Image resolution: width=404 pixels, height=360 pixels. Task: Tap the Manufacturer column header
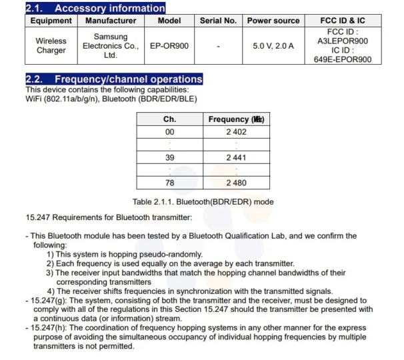110,21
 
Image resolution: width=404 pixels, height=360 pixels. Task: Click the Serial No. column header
218,21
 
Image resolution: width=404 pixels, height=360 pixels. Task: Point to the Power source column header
273,21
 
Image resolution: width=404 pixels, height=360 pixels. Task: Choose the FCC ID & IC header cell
343,21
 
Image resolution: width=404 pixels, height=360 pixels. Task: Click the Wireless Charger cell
51,45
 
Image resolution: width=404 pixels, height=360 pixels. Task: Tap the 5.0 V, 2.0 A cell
273,46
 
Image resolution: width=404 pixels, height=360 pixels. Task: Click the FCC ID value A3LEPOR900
343,41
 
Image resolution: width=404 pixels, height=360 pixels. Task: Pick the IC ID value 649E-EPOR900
343,59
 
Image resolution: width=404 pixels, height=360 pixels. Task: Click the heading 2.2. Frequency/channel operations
114,79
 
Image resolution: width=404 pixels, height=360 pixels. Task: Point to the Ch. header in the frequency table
169,119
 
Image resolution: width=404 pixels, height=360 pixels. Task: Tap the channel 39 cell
169,157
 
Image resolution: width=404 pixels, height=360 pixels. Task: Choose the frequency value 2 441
236,157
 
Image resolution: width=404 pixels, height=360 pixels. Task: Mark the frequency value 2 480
236,183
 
